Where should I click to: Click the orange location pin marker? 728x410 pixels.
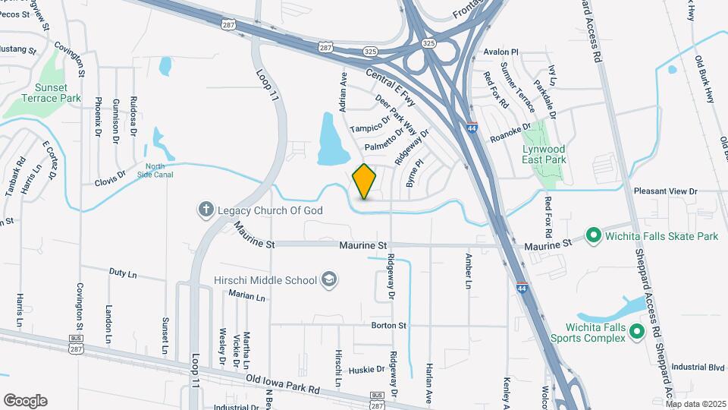[x=365, y=181]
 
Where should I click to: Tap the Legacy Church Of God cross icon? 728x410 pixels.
[x=205, y=209]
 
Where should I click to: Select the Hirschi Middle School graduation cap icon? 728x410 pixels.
[x=329, y=280]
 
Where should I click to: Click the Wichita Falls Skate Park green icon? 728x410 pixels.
[x=594, y=236]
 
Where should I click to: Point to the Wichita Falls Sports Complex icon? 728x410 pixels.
[x=637, y=331]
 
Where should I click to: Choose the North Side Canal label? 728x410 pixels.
[x=160, y=170]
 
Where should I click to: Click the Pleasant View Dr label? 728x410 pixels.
[x=665, y=191]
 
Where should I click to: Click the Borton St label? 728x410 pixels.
[x=389, y=325]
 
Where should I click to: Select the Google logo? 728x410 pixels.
[x=25, y=401]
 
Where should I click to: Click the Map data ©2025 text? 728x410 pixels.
[x=695, y=404]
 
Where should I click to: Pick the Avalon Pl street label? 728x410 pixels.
[x=500, y=52]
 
